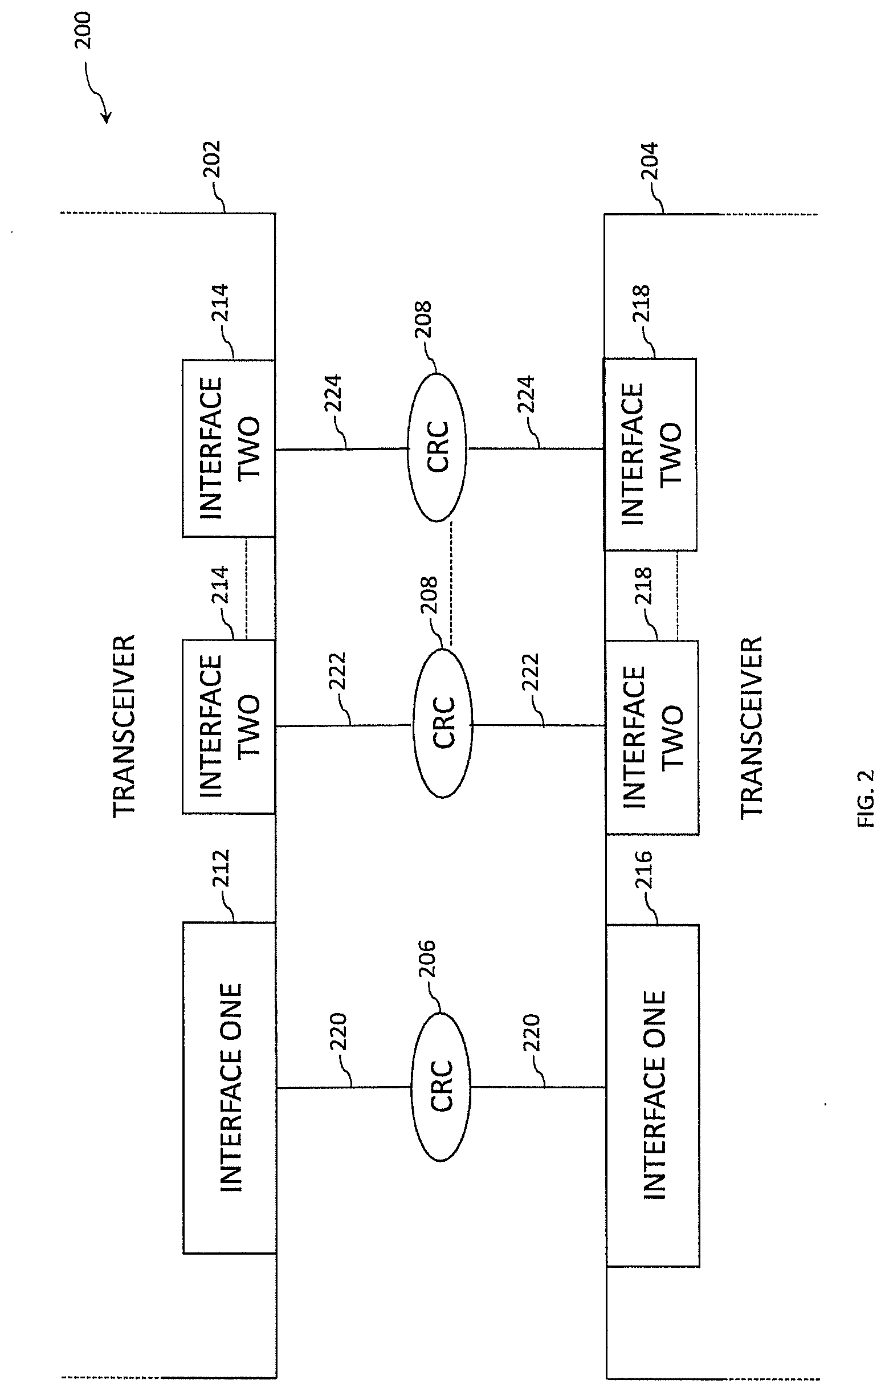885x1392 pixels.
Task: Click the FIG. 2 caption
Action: click(866, 798)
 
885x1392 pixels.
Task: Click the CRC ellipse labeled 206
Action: click(441, 1085)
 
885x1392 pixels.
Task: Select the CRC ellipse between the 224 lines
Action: click(437, 447)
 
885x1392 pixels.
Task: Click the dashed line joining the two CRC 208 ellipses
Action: click(451, 584)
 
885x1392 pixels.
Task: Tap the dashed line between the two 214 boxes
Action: click(247, 588)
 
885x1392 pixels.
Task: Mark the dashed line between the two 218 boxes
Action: click(676, 595)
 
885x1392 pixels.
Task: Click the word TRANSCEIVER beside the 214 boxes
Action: click(124, 726)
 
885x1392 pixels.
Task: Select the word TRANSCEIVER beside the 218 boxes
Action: click(752, 727)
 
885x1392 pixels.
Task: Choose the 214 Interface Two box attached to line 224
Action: click(229, 448)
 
